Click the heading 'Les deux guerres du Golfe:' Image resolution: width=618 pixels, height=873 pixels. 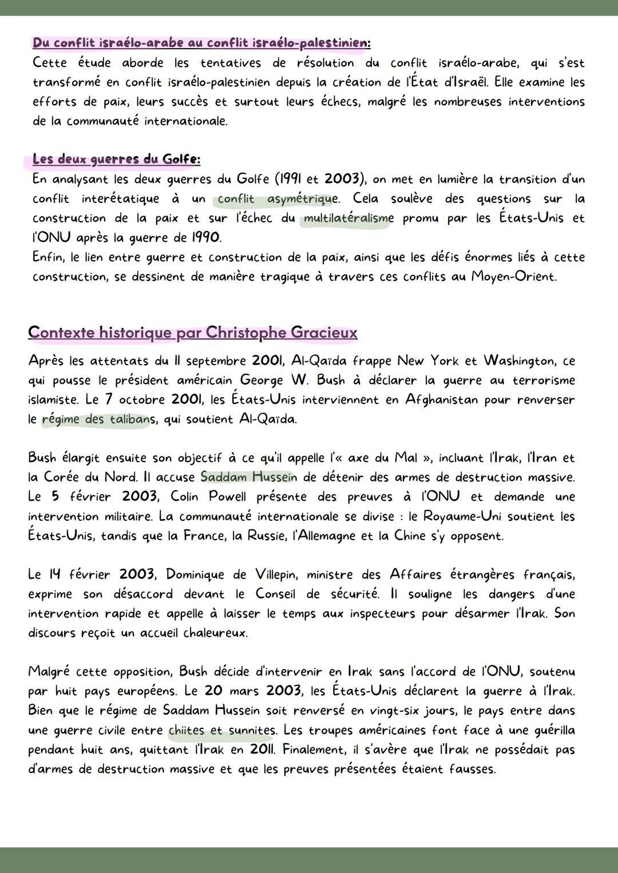click(116, 159)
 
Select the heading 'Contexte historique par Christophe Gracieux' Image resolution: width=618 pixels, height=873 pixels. click(192, 332)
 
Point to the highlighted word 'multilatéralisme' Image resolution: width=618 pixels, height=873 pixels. click(348, 218)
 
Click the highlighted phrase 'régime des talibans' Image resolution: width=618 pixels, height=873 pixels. click(98, 419)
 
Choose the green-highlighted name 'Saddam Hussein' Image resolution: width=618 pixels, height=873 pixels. click(249, 477)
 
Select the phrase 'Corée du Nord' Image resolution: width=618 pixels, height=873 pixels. click(88, 477)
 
